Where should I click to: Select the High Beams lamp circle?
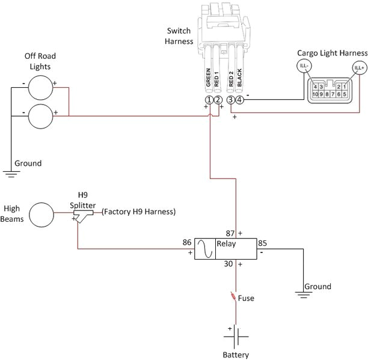42,215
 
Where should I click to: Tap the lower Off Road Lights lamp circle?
41,115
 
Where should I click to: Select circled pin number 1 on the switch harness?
209,100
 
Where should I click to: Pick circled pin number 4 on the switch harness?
239,100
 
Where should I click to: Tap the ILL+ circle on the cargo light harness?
360,68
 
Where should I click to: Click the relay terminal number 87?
229,233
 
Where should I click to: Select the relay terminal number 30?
228,264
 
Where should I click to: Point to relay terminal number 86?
187,243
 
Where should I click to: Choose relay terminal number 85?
262,243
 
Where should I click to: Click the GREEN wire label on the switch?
208,78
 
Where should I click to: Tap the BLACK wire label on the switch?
239,78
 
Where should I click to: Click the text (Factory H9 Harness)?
138,212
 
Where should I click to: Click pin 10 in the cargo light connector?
314,94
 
